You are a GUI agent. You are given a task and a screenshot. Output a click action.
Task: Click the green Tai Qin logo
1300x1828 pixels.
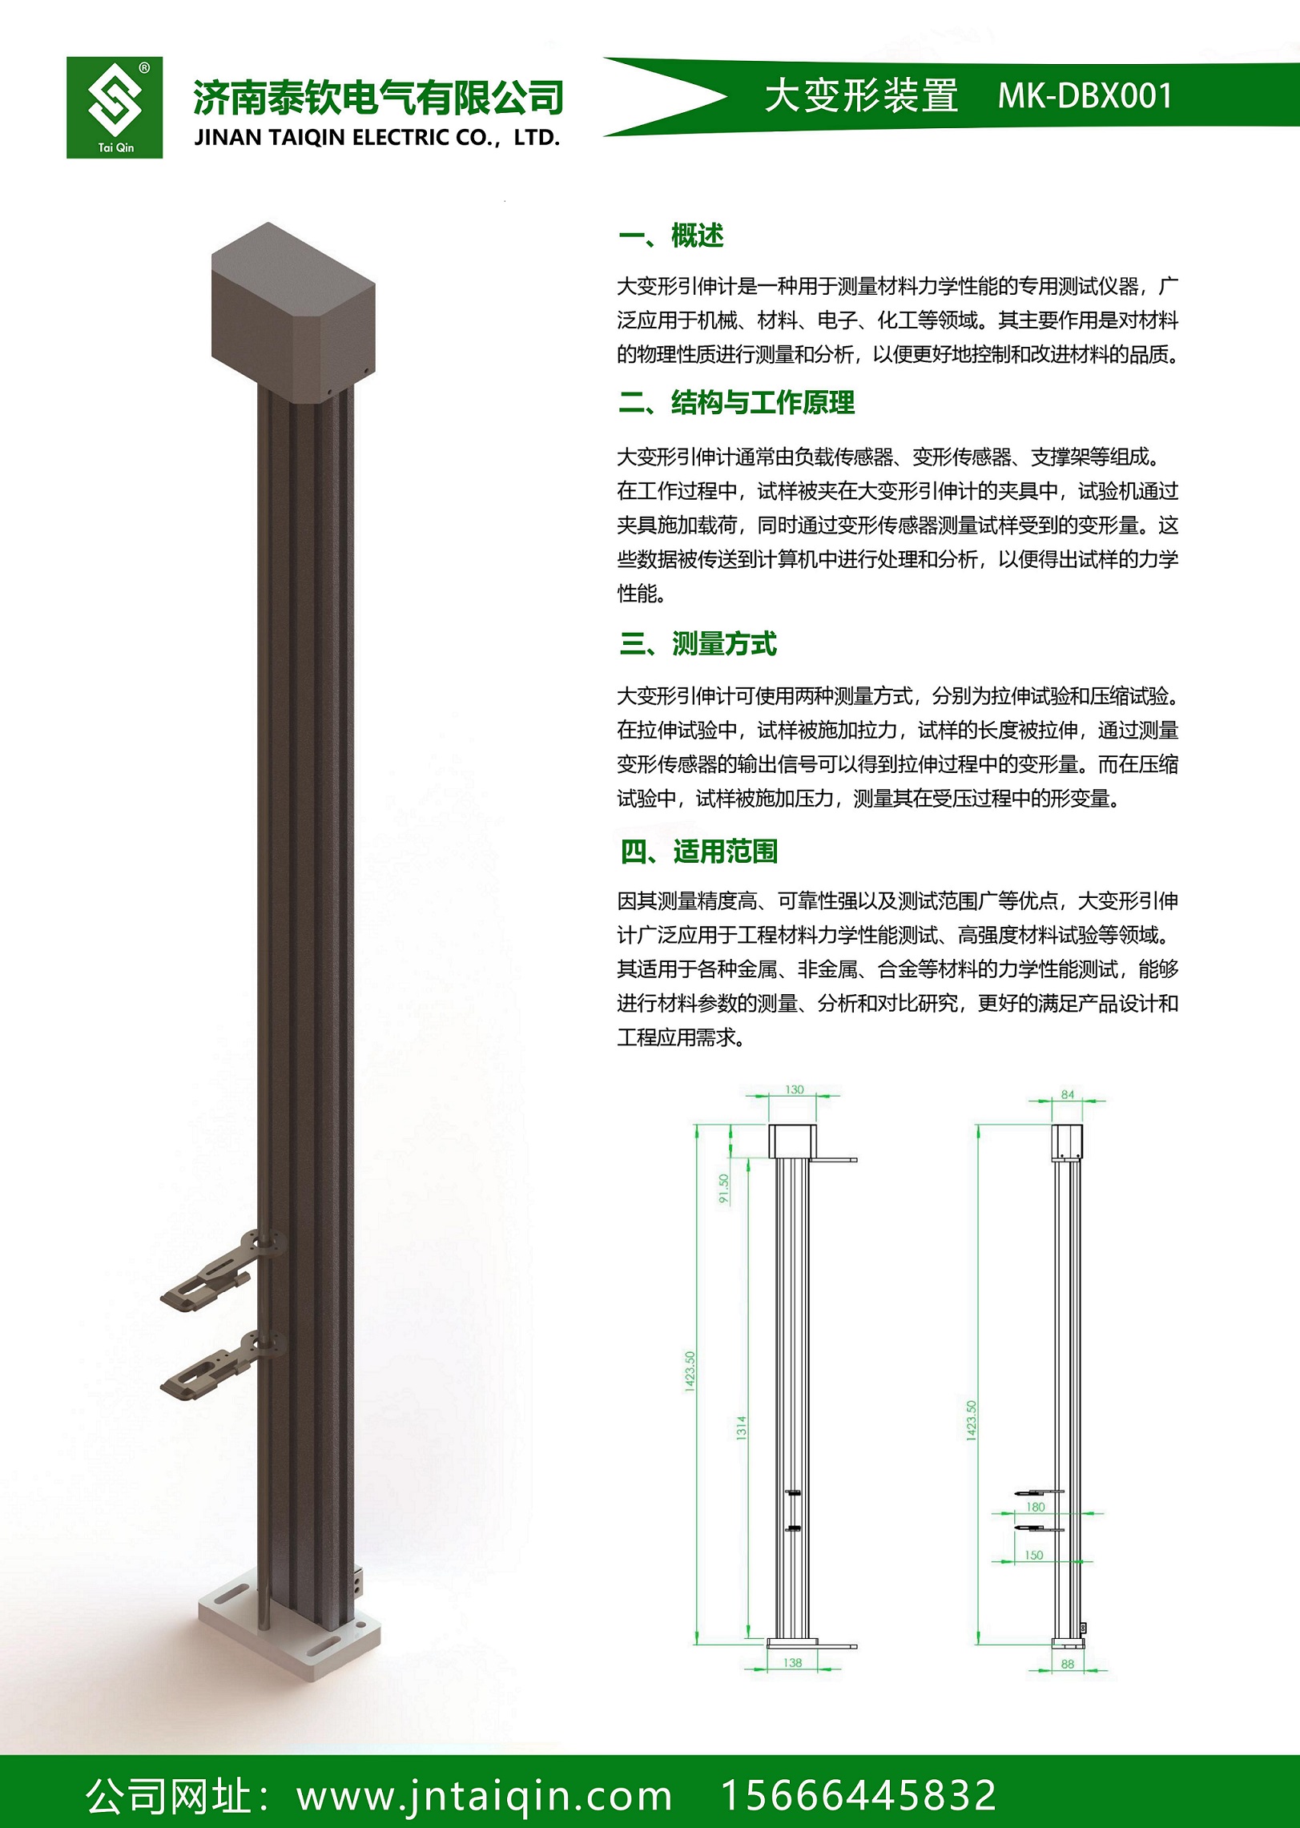(x=115, y=107)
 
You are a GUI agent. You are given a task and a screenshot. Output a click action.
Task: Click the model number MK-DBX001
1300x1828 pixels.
(x=1085, y=96)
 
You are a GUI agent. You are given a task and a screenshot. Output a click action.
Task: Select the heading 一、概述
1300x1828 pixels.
(x=671, y=236)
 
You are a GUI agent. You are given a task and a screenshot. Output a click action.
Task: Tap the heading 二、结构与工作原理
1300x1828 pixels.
(x=736, y=402)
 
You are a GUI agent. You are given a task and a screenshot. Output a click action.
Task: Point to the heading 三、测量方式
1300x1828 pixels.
(x=698, y=643)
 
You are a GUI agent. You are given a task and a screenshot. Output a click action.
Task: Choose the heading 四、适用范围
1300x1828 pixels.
(x=698, y=851)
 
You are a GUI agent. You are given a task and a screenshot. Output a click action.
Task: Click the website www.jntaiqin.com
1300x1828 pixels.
(x=484, y=1795)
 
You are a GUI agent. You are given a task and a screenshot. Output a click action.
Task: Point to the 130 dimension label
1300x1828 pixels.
(x=794, y=1089)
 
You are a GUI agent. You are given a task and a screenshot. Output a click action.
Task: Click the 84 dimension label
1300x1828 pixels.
(x=1067, y=1094)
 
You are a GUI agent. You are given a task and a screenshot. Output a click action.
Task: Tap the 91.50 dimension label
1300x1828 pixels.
(x=724, y=1188)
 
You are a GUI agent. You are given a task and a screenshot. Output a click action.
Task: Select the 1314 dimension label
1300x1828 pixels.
(x=741, y=1427)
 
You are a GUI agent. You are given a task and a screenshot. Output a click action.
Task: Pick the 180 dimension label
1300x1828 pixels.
(x=1036, y=1507)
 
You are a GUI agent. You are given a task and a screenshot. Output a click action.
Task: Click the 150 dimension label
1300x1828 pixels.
(x=1034, y=1555)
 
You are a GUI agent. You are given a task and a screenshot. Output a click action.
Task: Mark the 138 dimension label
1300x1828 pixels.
(x=792, y=1662)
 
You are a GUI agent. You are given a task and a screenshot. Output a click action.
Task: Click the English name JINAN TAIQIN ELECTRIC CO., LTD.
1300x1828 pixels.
(x=376, y=138)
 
